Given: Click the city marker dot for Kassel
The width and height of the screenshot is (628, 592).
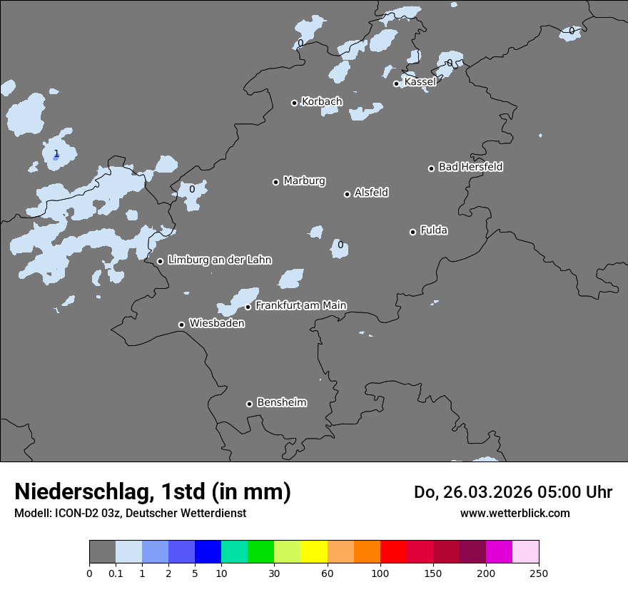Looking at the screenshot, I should click(396, 83).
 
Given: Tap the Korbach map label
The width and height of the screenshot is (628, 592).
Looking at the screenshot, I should click(322, 102).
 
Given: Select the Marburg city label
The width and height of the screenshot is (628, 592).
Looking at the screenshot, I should click(304, 181).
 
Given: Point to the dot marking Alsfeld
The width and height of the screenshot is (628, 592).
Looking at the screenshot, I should click(347, 194).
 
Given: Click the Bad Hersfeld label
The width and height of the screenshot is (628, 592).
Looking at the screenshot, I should click(470, 167).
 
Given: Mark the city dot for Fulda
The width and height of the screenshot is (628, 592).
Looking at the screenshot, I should click(412, 232).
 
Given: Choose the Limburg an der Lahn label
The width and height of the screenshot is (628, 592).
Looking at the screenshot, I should click(219, 260).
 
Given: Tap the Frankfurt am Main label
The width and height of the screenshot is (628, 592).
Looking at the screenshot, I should click(300, 305).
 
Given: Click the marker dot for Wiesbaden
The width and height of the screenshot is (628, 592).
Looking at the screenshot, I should click(181, 325).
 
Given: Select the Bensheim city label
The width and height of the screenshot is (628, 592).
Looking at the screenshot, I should click(281, 402).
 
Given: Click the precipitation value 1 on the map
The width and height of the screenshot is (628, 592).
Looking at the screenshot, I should click(56, 153).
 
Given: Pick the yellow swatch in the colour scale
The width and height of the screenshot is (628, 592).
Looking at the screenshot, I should click(314, 552).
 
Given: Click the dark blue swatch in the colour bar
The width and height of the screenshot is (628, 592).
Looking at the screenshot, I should click(208, 552).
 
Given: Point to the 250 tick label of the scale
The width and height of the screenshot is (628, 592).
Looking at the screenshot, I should click(539, 573).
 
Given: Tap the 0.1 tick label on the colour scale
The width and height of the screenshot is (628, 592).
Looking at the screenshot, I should click(116, 573).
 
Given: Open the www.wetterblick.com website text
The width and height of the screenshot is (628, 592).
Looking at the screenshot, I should click(515, 513).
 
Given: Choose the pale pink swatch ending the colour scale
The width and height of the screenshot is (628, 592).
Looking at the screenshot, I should click(525, 552).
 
